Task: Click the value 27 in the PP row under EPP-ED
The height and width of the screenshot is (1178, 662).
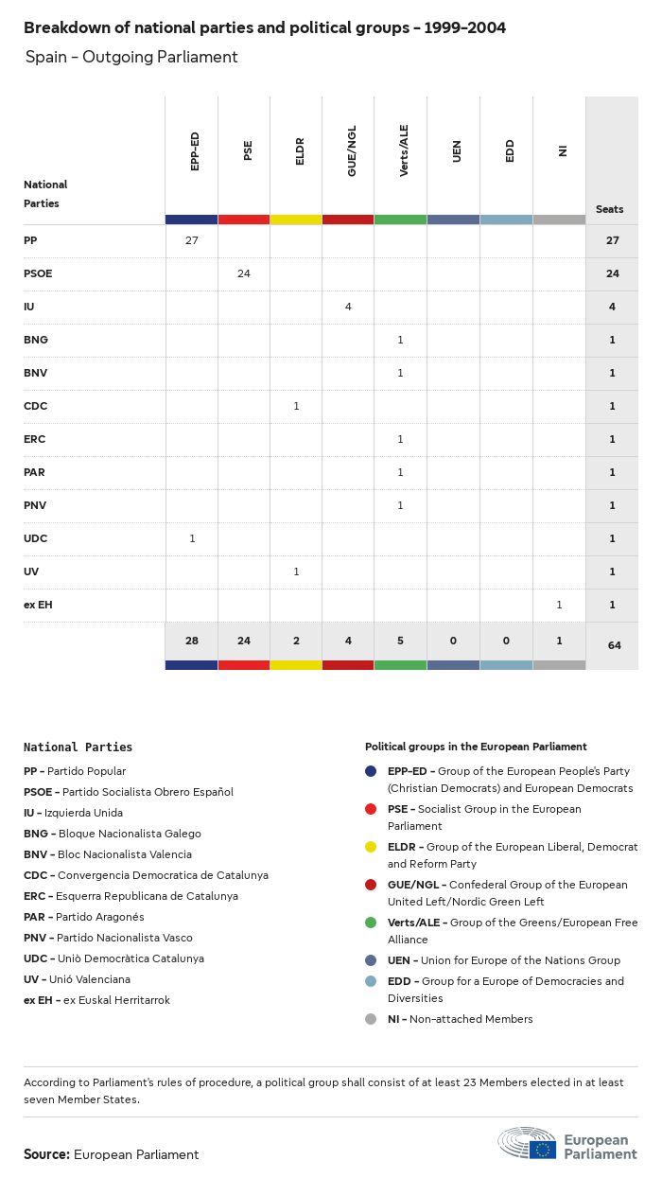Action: coord(192,240)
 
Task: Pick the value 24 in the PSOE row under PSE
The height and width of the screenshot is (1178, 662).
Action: coord(244,273)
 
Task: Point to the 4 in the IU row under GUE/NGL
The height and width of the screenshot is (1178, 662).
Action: coord(348,307)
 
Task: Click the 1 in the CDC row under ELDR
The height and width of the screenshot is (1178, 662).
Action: coord(296,406)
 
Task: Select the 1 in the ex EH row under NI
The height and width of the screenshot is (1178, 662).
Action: coord(559,605)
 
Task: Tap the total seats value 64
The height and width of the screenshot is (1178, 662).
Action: coord(612,645)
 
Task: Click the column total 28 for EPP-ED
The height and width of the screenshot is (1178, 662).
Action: coord(192,641)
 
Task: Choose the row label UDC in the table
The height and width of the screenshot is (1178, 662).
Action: coord(35,538)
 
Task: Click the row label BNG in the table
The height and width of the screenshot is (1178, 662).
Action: coord(35,340)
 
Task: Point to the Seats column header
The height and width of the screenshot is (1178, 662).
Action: coord(610,209)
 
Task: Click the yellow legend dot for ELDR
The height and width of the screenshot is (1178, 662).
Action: coord(372,847)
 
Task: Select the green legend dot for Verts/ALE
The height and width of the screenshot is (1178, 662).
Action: coord(372,923)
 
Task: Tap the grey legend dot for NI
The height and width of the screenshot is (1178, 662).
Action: coord(372,1019)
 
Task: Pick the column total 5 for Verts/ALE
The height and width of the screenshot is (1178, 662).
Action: coord(400,641)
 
